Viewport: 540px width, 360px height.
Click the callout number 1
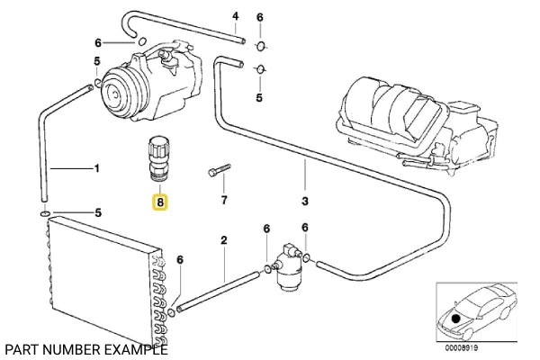tap(96, 168)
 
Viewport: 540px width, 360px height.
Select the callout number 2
tap(224, 240)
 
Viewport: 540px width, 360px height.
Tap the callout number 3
tap(305, 200)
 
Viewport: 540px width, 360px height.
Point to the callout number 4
tap(235, 16)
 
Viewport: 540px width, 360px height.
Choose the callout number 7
tap(224, 199)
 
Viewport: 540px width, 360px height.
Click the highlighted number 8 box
tap(160, 203)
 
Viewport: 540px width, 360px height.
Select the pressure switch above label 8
tap(159, 155)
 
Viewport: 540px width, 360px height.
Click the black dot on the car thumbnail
tap(457, 318)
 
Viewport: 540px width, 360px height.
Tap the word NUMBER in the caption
tap(70, 349)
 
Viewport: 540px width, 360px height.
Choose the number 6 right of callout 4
tap(260, 17)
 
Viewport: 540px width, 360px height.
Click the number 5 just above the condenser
tap(99, 213)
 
